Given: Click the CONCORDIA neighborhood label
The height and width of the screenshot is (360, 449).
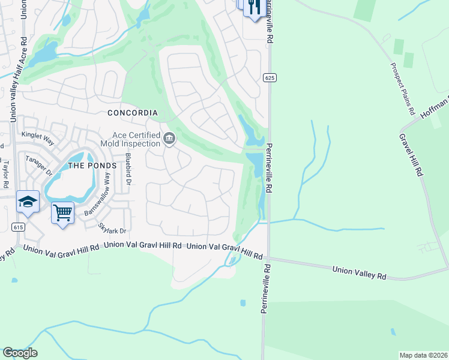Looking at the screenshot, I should click(132, 113).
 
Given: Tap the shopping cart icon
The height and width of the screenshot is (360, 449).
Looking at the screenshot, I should click(63, 212).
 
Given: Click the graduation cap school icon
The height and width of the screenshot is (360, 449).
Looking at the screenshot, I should click(28, 202).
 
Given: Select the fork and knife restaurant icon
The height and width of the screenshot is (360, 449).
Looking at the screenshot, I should click(255, 6).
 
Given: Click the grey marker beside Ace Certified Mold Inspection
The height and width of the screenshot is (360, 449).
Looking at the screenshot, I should click(169, 140).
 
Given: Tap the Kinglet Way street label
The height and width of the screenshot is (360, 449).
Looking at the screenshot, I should click(37, 136).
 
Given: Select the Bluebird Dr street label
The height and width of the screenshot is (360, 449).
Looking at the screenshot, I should click(127, 168).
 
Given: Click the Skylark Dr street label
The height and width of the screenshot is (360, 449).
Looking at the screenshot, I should click(112, 228).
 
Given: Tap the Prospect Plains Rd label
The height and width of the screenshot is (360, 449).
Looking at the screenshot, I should click(403, 89).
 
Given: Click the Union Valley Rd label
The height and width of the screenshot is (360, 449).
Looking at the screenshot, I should click(358, 273).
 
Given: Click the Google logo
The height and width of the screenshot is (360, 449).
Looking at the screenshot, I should click(20, 353).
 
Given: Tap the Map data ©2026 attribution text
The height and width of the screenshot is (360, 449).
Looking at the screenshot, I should click(423, 355).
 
